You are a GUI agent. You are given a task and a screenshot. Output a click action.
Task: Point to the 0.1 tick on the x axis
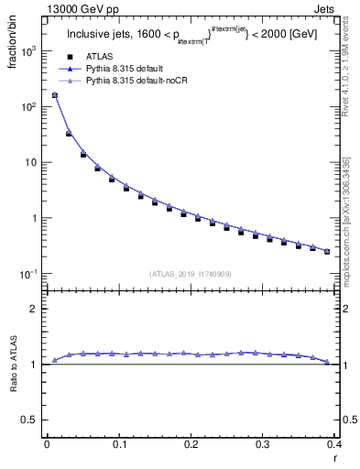(119, 445)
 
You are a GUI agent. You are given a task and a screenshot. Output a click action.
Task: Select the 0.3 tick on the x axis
(263, 445)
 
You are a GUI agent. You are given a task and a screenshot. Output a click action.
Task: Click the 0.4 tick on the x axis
(333, 445)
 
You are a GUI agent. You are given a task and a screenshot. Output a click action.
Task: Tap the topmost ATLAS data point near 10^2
(54, 94)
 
